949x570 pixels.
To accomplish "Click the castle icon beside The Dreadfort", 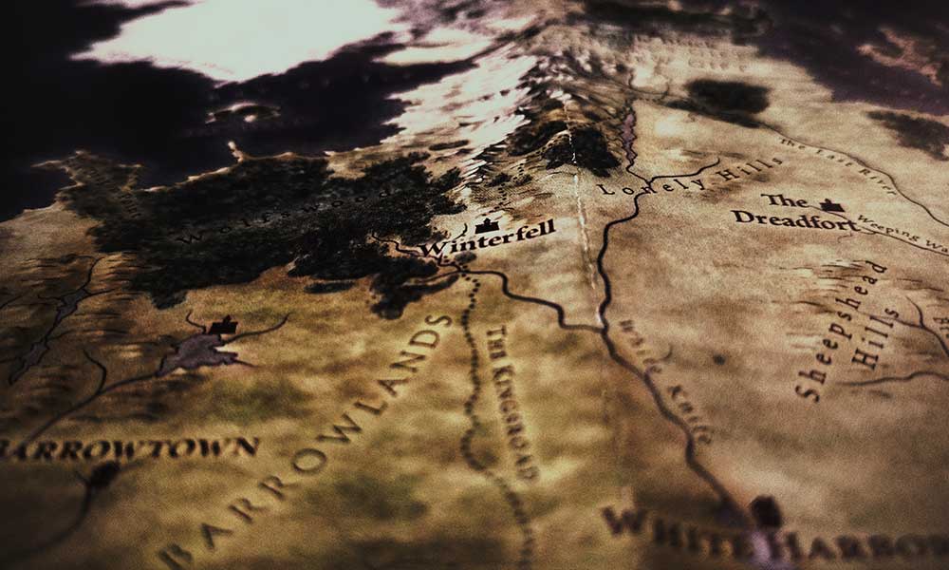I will coord(831,204).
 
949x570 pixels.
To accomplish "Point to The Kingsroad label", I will coord(512,399).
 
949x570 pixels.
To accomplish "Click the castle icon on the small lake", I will coord(222,326).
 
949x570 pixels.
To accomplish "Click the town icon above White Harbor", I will coord(764,511).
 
